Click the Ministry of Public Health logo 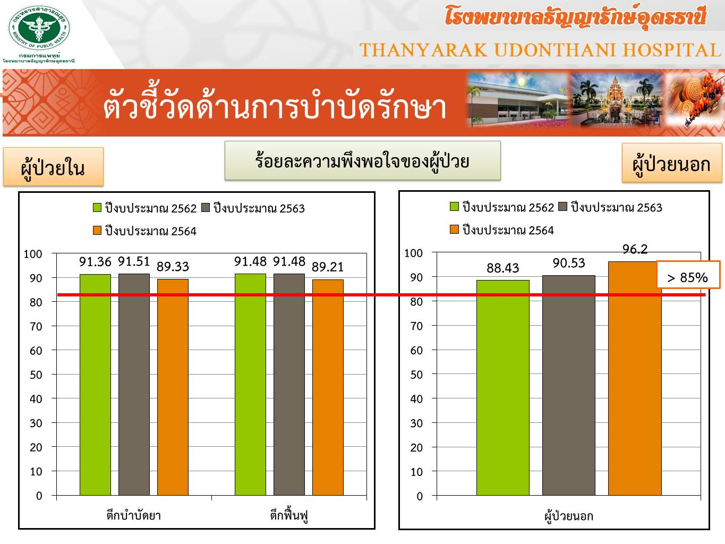pos(39,28)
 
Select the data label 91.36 pos(95,262)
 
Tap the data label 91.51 pos(134,261)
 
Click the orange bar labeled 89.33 pos(173,387)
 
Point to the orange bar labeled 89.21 pos(328,387)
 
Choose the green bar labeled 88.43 pos(502,388)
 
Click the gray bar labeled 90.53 pos(569,386)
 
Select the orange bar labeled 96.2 pos(635,379)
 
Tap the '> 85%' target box pos(688,275)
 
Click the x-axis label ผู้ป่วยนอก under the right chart pos(569,516)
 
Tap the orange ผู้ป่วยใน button pos(53,167)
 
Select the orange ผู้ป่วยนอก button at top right pos(672,163)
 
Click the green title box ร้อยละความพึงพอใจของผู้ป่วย pos(362,161)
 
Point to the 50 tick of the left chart pos(36,375)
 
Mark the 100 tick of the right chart pos(413,253)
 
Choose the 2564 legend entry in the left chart pos(144,231)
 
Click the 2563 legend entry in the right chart pos(610,207)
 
